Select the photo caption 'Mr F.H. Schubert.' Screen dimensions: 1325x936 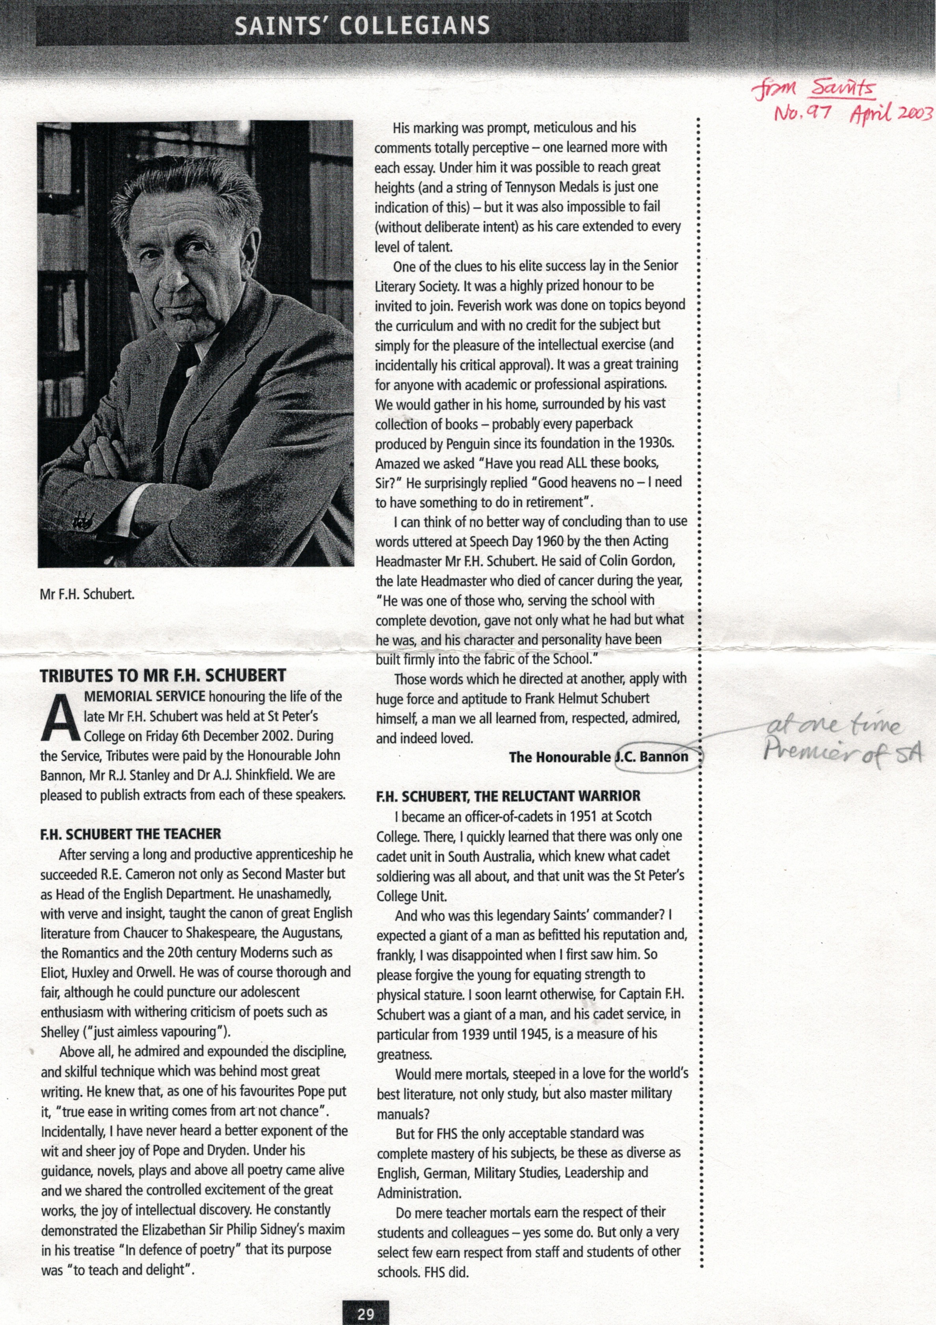pyautogui.click(x=87, y=594)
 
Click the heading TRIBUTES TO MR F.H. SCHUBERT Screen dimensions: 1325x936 pyautogui.click(x=163, y=675)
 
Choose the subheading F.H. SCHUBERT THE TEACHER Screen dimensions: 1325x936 pyautogui.click(x=130, y=834)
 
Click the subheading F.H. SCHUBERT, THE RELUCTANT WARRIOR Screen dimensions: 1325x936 pyautogui.click(x=508, y=796)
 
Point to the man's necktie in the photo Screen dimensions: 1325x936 pyautogui.click(x=173, y=392)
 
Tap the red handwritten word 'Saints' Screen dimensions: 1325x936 pyautogui.click(x=843, y=88)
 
